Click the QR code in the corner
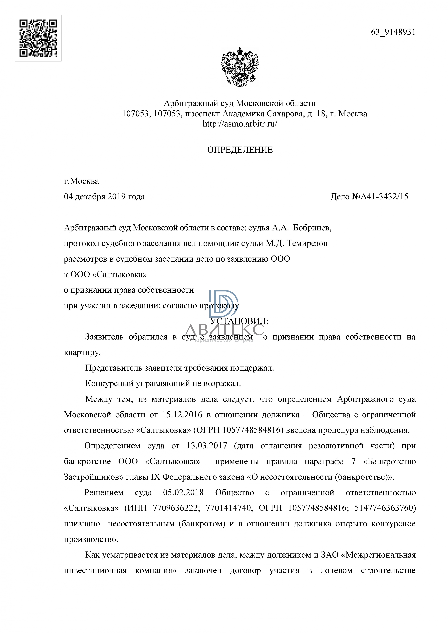click(x=38, y=38)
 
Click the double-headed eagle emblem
click(x=240, y=67)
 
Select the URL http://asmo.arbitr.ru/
click(x=240, y=124)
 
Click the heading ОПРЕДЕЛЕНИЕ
click(x=240, y=150)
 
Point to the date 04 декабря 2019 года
click(x=104, y=197)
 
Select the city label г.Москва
click(x=81, y=181)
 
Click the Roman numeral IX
click(x=156, y=477)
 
